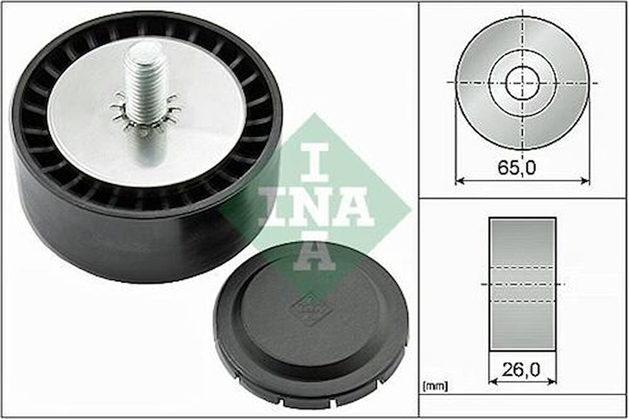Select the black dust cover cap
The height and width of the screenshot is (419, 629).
(311, 325)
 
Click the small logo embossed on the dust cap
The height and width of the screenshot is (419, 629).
(305, 308)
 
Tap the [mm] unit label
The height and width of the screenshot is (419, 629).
(434, 385)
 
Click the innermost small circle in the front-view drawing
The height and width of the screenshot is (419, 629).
(522, 83)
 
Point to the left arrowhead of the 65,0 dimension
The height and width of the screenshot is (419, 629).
(458, 181)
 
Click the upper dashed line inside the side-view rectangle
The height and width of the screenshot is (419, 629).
(522, 267)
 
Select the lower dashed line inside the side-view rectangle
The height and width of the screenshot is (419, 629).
(522, 301)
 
